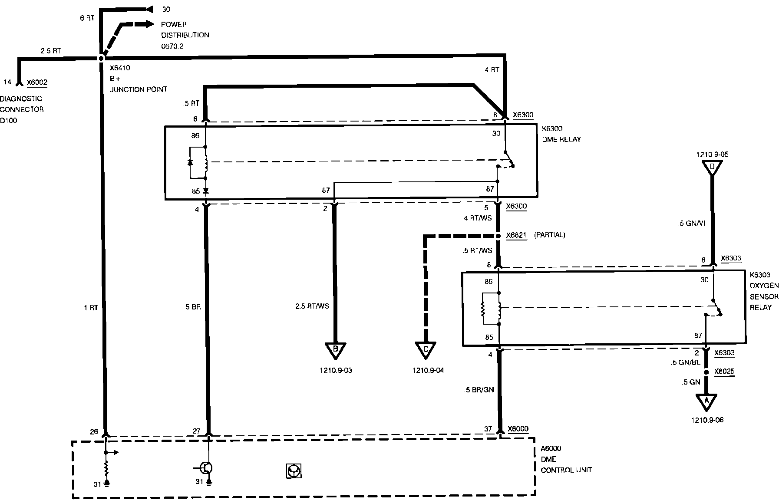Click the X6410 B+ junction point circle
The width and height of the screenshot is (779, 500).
(x=101, y=58)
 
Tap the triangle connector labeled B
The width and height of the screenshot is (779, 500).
(x=335, y=350)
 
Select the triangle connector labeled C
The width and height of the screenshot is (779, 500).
(x=425, y=350)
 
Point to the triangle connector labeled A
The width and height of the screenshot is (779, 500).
(x=706, y=401)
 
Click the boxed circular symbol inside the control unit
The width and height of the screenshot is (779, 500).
(x=294, y=471)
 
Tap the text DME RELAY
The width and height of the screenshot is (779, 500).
(x=561, y=139)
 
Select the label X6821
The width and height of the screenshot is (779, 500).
(x=516, y=235)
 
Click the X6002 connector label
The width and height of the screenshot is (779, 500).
(x=37, y=82)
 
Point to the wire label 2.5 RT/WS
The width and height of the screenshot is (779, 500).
(x=312, y=306)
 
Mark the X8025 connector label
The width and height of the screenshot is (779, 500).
(x=725, y=372)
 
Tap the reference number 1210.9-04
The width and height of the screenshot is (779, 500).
(x=428, y=371)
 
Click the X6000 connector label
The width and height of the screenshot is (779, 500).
(x=517, y=429)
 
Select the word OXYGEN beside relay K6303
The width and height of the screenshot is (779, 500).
(x=764, y=286)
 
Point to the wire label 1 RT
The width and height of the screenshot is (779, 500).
(x=91, y=308)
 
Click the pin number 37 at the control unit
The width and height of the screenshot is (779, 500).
(x=488, y=429)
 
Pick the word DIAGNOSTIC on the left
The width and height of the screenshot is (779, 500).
(x=21, y=99)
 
